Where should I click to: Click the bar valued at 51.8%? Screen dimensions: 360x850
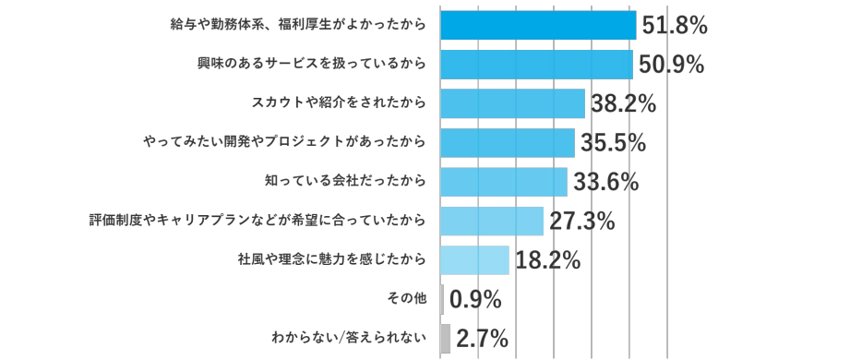click(x=538, y=25)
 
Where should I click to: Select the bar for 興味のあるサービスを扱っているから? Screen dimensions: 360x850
click(x=536, y=65)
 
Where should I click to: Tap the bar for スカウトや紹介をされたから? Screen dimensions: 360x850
click(x=512, y=103)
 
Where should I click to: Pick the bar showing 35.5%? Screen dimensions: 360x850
click(x=508, y=143)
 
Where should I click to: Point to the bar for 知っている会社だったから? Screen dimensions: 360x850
click(x=504, y=182)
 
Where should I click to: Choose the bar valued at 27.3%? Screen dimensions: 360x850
click(x=492, y=222)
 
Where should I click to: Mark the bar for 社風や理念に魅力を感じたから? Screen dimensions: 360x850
click(x=474, y=260)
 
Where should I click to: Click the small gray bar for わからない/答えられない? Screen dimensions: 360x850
click(x=446, y=339)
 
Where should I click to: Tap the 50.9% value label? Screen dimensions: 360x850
click(x=671, y=65)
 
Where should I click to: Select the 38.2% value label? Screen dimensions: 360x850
click(x=622, y=104)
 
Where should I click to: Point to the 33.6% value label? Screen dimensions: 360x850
click(x=605, y=183)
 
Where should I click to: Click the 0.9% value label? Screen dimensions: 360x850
click(x=474, y=300)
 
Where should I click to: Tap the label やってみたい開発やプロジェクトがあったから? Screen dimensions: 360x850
click(x=285, y=143)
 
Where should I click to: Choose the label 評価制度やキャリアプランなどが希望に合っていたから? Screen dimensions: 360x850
click(x=257, y=222)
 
